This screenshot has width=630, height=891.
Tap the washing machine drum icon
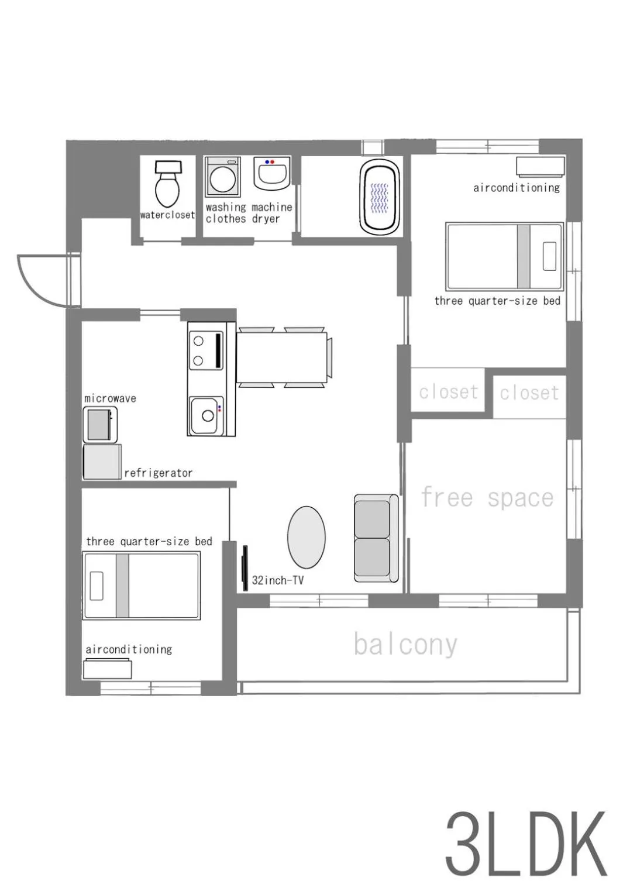click(223, 178)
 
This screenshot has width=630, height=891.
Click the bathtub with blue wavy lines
click(380, 197)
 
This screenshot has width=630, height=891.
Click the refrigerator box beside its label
click(102, 462)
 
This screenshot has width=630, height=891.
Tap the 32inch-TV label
click(277, 580)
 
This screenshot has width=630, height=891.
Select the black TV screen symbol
click(245, 567)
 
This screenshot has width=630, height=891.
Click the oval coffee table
click(306, 537)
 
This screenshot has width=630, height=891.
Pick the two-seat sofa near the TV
click(375, 538)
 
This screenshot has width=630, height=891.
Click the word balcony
click(405, 645)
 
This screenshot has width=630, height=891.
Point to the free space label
click(487, 498)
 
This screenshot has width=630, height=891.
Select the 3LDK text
click(526, 844)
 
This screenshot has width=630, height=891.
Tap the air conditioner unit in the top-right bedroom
click(540, 166)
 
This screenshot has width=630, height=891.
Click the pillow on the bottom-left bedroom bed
click(97, 586)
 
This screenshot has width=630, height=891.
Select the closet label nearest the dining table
click(448, 392)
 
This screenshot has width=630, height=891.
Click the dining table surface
click(281, 357)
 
